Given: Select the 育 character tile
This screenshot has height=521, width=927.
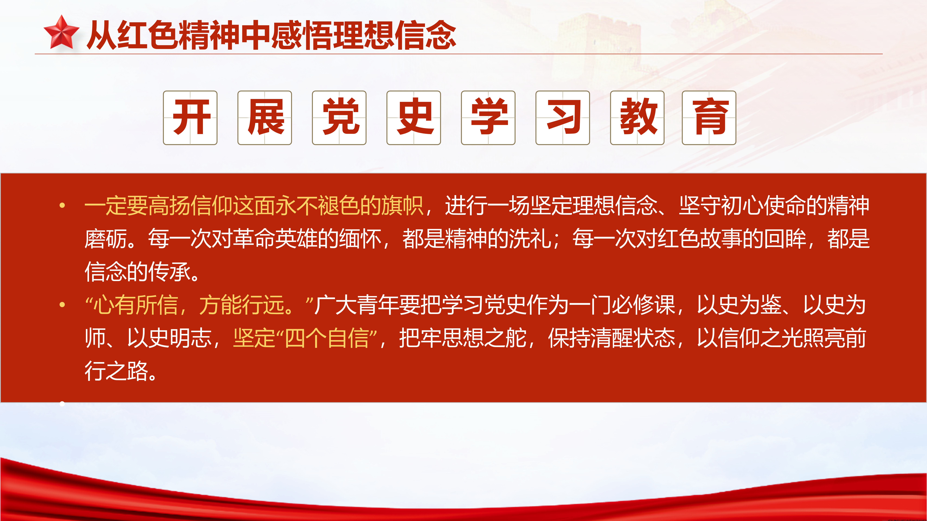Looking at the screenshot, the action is [x=709, y=118].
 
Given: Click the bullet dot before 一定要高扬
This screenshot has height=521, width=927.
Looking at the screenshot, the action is [x=62, y=205].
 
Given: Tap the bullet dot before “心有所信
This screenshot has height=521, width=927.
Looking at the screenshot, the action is [x=62, y=305].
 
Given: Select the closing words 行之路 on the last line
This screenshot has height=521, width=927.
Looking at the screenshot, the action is [x=116, y=371].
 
